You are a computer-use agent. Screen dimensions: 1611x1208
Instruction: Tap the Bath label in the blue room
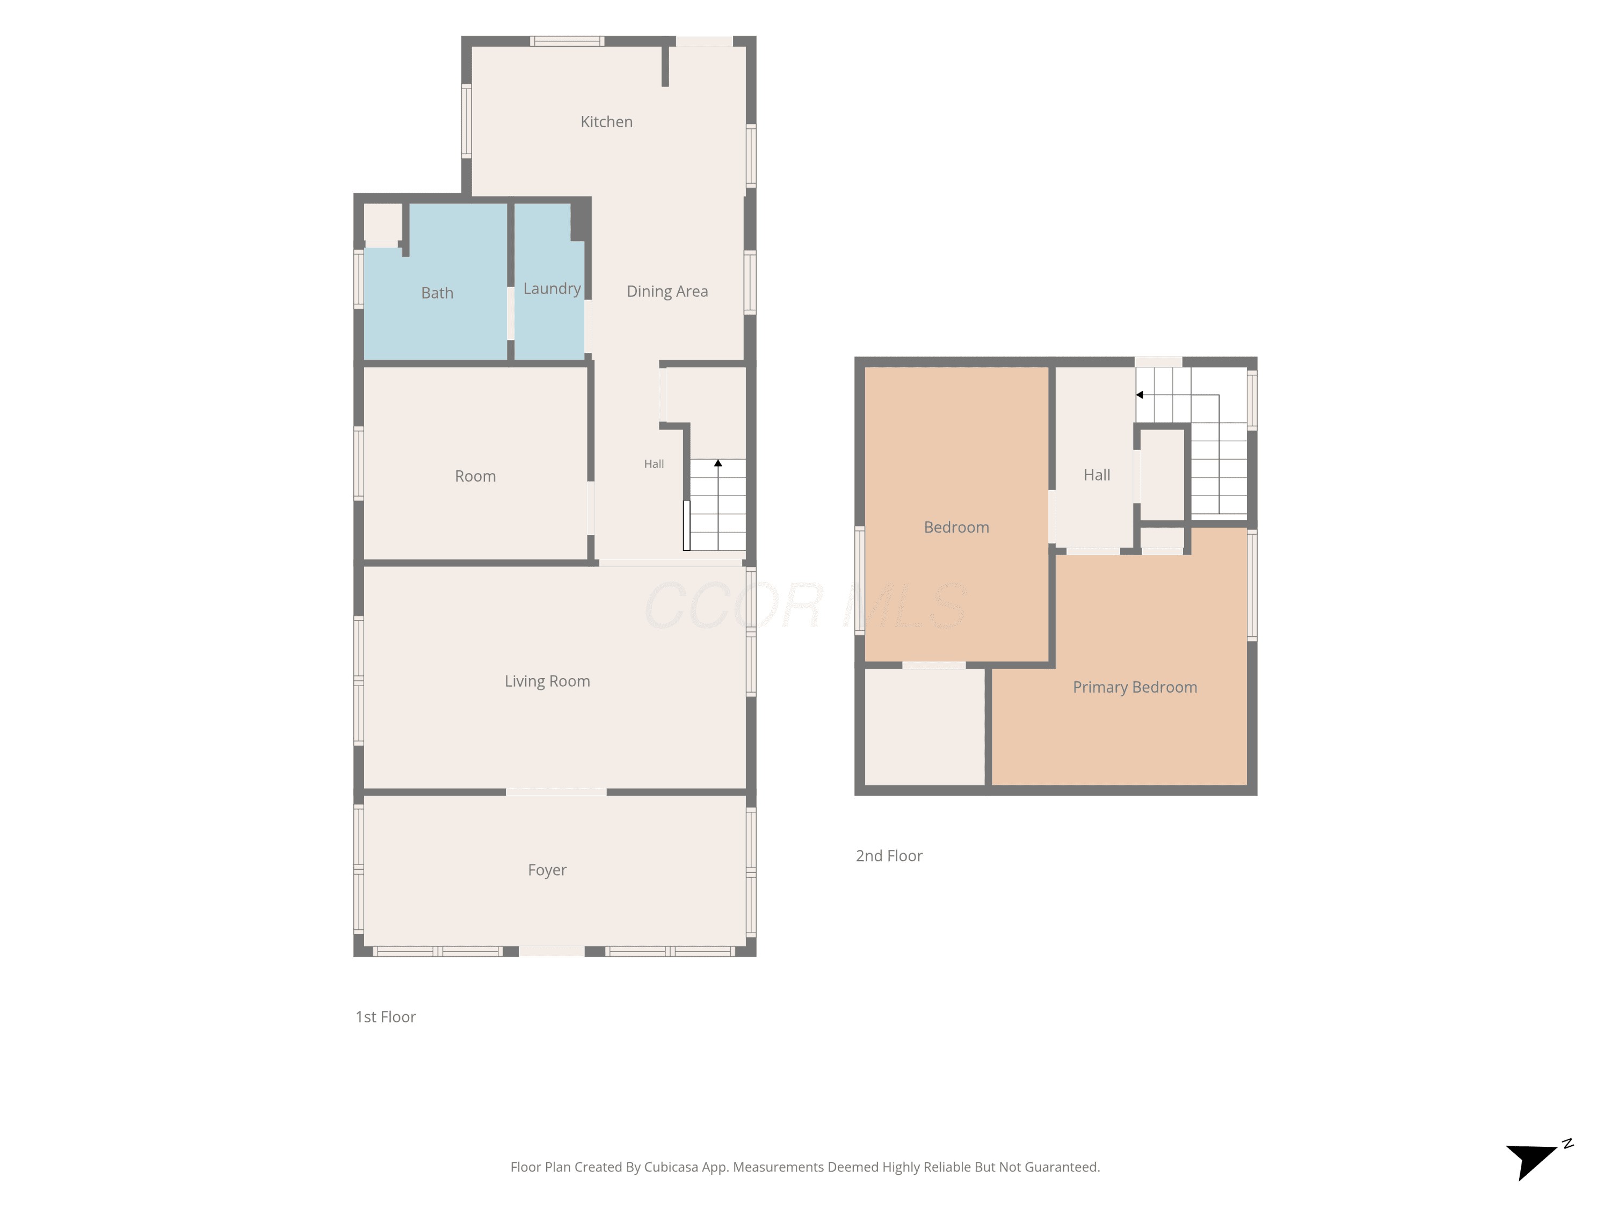point(437,293)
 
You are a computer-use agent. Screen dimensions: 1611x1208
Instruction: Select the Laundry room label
point(552,289)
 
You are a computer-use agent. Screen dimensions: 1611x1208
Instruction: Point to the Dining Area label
point(667,291)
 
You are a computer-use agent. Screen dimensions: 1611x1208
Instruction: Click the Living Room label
point(547,681)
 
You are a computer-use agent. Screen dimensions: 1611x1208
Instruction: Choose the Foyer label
point(547,870)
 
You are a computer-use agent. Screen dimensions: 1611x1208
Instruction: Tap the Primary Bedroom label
point(1135,687)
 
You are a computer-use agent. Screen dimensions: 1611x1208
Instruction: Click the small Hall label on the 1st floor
point(654,464)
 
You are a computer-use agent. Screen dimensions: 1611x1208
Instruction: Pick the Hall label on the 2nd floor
point(1097,475)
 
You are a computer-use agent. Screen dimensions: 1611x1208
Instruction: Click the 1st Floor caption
point(385,1016)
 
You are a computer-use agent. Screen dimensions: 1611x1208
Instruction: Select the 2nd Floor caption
point(889,856)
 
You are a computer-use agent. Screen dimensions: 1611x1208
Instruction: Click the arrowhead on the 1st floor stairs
point(718,463)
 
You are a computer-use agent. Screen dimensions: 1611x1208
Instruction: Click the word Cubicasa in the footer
point(671,1167)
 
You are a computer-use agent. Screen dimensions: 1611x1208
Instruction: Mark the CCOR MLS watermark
point(805,606)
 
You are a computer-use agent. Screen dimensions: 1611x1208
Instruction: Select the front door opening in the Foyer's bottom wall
point(551,951)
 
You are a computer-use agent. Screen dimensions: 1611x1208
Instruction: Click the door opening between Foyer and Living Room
point(556,791)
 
